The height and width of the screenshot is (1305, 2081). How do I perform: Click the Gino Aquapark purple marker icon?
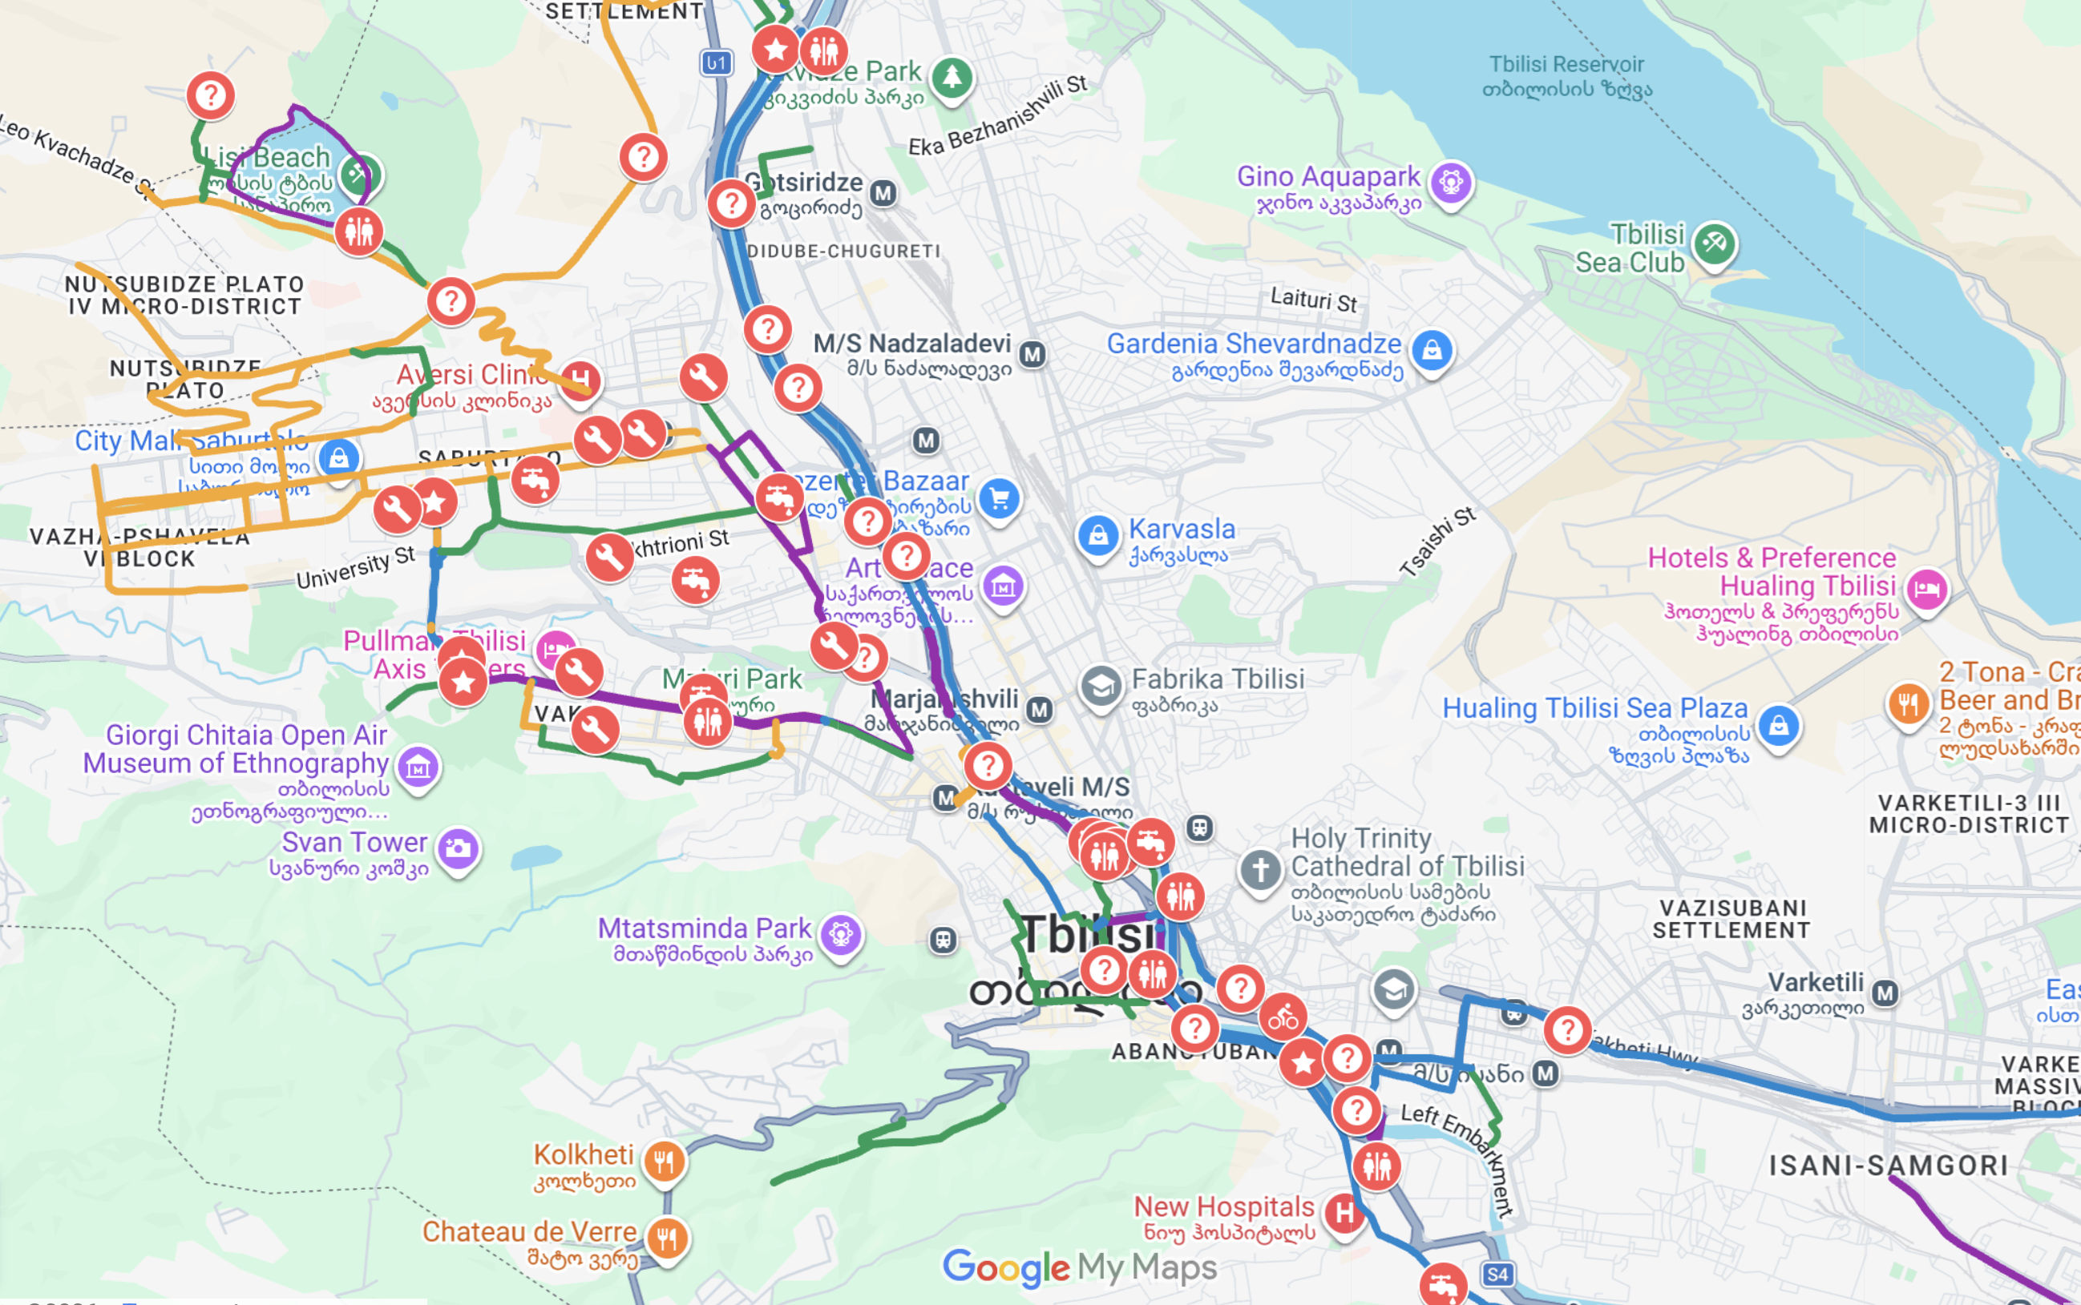point(1451,182)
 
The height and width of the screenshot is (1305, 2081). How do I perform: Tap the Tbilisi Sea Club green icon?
point(1714,244)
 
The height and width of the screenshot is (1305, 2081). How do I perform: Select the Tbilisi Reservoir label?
point(1566,76)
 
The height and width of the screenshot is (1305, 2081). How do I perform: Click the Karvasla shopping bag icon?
point(1097,535)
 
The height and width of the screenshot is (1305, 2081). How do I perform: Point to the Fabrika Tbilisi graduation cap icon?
point(1101,687)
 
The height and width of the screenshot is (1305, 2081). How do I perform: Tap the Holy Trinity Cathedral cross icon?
point(1260,869)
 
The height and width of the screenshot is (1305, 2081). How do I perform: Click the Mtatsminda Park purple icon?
point(840,934)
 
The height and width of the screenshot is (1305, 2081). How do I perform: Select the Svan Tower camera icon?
point(458,848)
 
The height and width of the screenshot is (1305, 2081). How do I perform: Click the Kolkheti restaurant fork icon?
point(664,1162)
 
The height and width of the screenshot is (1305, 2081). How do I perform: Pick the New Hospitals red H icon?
point(1344,1213)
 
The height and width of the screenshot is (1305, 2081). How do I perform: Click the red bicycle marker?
point(1283,1017)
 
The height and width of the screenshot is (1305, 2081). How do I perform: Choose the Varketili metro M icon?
point(1885,993)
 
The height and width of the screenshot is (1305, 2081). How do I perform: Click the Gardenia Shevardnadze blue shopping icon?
point(1432,350)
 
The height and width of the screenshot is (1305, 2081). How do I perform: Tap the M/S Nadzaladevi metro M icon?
point(1032,353)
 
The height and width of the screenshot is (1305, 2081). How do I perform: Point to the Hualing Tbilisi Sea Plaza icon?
point(1779,726)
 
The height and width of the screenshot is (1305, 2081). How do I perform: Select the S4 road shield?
point(1498,1274)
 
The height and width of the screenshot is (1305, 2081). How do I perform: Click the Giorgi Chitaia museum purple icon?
point(418,767)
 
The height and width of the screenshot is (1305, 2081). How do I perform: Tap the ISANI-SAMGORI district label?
point(1889,1165)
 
